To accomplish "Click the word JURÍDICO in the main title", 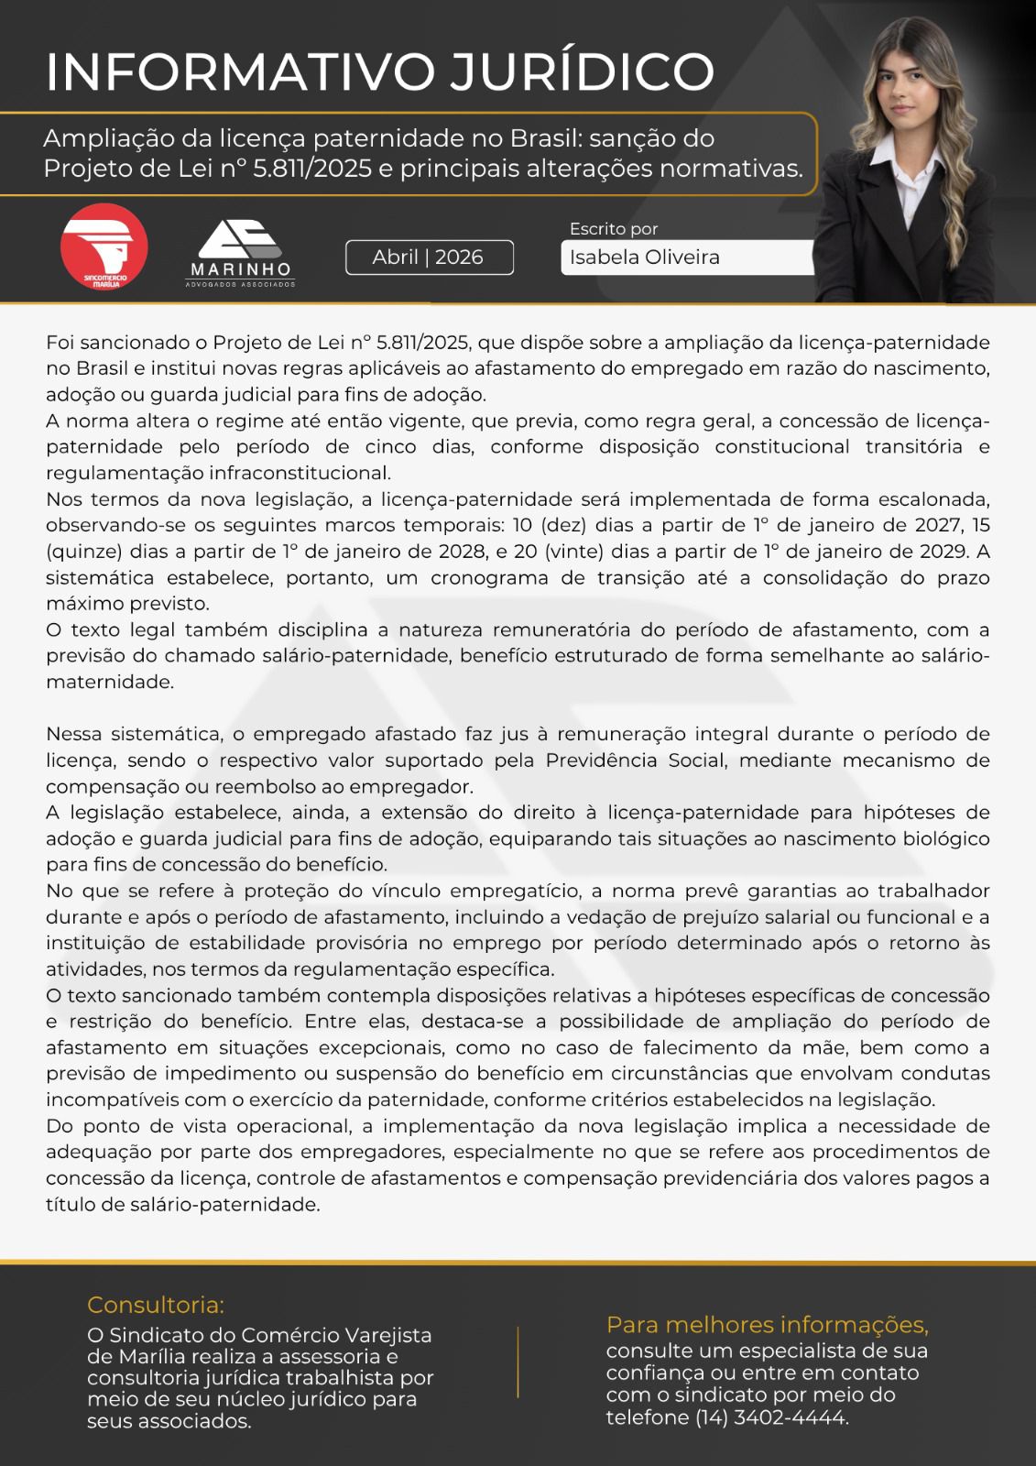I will click(581, 71).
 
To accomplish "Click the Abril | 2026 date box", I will click(429, 257).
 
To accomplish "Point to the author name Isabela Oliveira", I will click(644, 257).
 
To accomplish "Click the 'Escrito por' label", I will click(614, 229).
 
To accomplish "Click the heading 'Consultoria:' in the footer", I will click(156, 1305).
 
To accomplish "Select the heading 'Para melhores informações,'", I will click(767, 1325).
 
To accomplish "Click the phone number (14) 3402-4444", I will click(770, 1417).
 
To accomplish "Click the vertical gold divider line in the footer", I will click(518, 1362).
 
